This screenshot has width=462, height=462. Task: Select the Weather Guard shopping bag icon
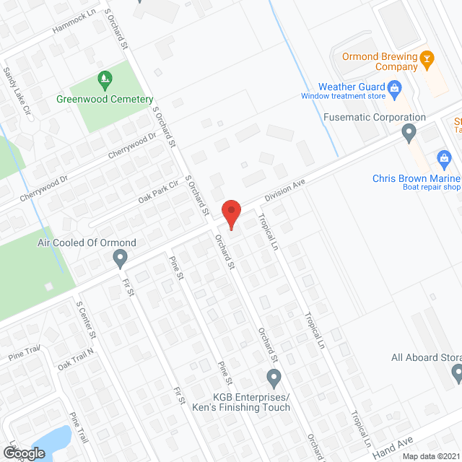click(394, 90)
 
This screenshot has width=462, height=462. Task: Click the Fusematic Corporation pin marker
click(409, 133)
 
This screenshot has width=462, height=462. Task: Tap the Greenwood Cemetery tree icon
click(105, 78)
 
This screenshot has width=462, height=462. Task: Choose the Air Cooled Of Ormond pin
click(120, 257)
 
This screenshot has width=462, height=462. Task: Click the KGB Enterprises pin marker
click(274, 377)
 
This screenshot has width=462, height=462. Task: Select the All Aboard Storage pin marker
click(457, 372)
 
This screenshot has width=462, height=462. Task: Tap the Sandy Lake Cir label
click(18, 92)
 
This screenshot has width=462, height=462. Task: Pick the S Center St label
click(87, 320)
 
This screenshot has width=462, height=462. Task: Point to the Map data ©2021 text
click(430, 456)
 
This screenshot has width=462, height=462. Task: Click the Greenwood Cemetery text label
click(105, 99)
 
